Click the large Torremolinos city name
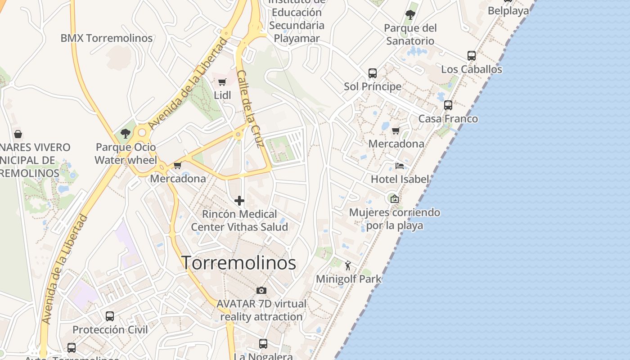[x=238, y=263]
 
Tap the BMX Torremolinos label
[x=107, y=38]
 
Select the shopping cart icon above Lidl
[x=222, y=82]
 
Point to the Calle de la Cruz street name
[x=250, y=109]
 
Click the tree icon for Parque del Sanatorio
[x=410, y=14]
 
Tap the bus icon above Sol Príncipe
[x=373, y=73]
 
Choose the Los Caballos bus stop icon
[x=471, y=56]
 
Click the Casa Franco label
[x=448, y=119]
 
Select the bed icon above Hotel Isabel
[x=399, y=166]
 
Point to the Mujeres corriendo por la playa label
[x=395, y=218]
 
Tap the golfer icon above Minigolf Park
[x=348, y=265]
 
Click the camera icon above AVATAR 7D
[x=261, y=290]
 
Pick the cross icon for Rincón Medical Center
[x=239, y=201]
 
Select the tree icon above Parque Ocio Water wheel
[x=126, y=133]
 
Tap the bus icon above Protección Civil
[x=110, y=316]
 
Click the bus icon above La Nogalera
[x=263, y=343]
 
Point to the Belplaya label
[x=508, y=11]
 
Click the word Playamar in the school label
[x=297, y=38]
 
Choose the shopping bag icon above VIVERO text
[x=18, y=134]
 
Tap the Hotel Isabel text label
[x=400, y=179]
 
